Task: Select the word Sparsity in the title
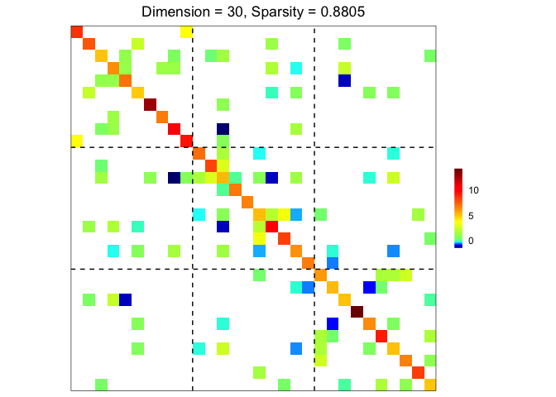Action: tap(285, 12)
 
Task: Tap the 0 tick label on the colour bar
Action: tap(471, 241)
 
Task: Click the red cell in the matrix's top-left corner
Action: tap(77, 31)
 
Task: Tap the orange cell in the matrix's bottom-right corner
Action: tap(429, 384)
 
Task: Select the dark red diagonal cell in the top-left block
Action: tap(150, 104)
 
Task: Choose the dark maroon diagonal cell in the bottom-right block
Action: tap(357, 311)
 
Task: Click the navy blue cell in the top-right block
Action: tap(344, 80)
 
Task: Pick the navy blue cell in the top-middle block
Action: tap(223, 129)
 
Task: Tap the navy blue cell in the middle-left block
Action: tap(174, 177)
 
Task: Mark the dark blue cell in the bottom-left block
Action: tap(125, 299)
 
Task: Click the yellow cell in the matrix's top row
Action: tap(186, 31)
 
